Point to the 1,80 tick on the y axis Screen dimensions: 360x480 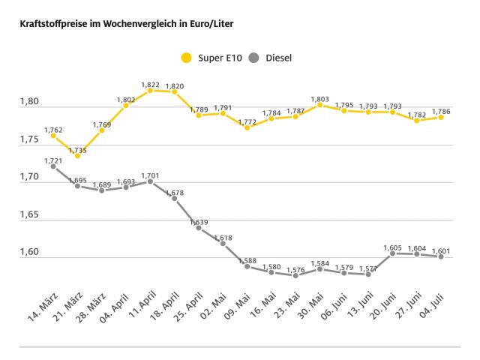[x=29, y=101]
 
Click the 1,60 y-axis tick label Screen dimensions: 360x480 [x=29, y=253]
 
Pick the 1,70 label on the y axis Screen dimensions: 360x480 [x=29, y=178]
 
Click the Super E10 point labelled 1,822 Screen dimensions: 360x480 [x=150, y=90]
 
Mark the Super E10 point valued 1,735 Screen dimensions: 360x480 [x=77, y=155]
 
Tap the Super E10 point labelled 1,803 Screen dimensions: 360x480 [x=319, y=104]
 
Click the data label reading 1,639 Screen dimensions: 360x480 [x=199, y=222]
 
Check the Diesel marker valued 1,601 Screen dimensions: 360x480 [x=441, y=256]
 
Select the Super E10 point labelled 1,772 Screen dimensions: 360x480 [x=247, y=127]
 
